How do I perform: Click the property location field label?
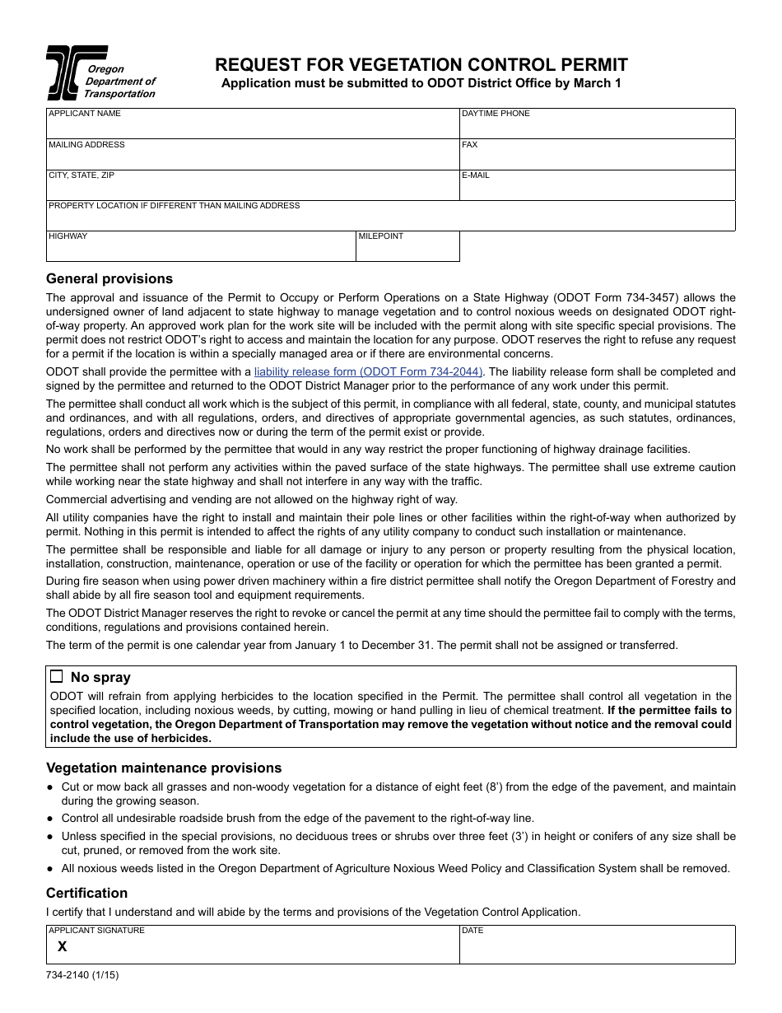tap(175, 206)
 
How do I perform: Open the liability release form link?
tap(369, 372)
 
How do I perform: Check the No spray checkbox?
tap(57, 677)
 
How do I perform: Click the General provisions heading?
tap(109, 278)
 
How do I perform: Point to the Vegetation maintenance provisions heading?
tap(164, 768)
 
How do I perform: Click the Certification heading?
tap(86, 893)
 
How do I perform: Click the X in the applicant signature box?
tap(62, 947)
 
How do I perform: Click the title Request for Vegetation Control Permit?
tap(421, 65)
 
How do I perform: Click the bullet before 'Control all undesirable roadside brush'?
tap(51, 819)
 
